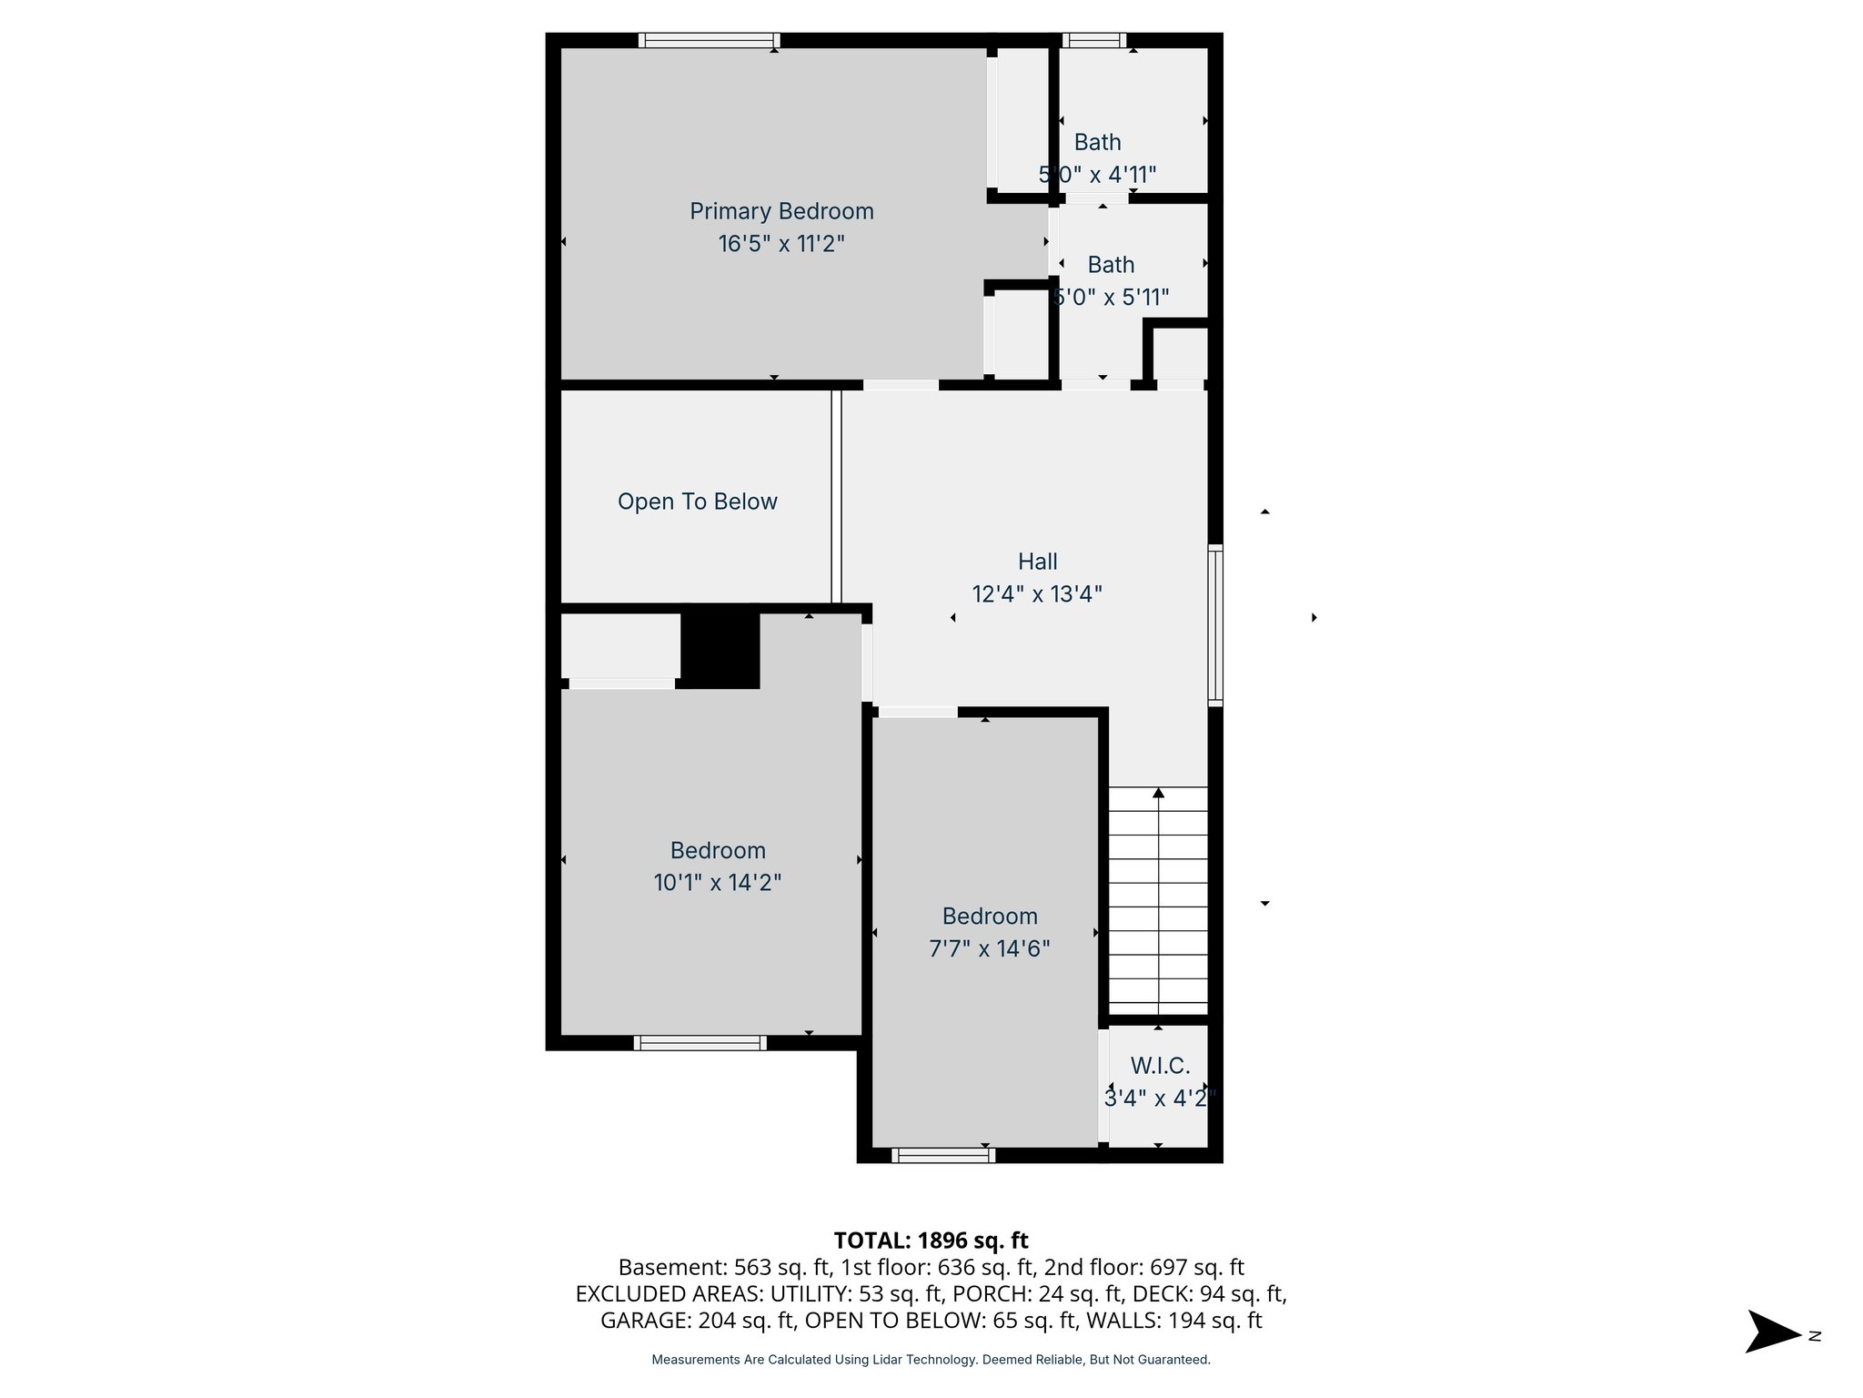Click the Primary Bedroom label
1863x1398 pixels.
click(x=781, y=211)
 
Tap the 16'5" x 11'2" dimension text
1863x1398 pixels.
click(x=781, y=244)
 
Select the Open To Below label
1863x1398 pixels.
click(x=697, y=501)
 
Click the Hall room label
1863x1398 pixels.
click(x=1037, y=562)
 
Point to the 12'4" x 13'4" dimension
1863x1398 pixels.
click(x=1037, y=594)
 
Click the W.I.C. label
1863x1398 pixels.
click(x=1160, y=1066)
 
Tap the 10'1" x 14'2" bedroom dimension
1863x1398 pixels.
click(x=718, y=883)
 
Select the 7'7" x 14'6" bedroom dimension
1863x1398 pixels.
click(x=989, y=948)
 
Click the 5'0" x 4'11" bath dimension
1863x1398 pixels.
click(x=1097, y=174)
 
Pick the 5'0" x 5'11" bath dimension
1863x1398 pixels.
click(x=1111, y=298)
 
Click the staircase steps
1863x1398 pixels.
click(x=1158, y=901)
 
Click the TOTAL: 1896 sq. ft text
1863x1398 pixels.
click(x=931, y=1241)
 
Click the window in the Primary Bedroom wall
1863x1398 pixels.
click(x=709, y=40)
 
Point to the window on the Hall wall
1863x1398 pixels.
click(x=1215, y=624)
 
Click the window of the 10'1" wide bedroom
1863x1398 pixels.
click(x=700, y=1043)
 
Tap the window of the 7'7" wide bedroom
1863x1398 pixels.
click(x=943, y=1155)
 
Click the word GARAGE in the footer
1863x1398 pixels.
click(x=643, y=1321)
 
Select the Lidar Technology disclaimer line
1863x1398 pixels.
click(x=931, y=1360)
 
